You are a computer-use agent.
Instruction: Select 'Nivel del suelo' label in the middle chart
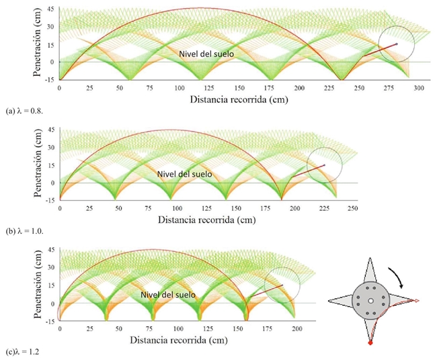184,174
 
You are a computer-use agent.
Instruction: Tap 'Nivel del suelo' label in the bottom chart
168,294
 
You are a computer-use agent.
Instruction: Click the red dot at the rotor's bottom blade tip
370,343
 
